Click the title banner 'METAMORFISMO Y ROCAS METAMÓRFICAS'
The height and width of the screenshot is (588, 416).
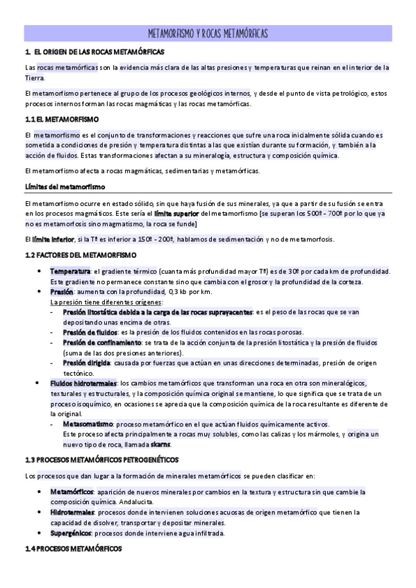pyautogui.click(x=208, y=33)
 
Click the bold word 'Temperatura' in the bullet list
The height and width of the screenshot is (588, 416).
pyautogui.click(x=70, y=270)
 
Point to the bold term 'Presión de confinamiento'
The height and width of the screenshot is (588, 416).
pyautogui.click(x=102, y=343)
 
